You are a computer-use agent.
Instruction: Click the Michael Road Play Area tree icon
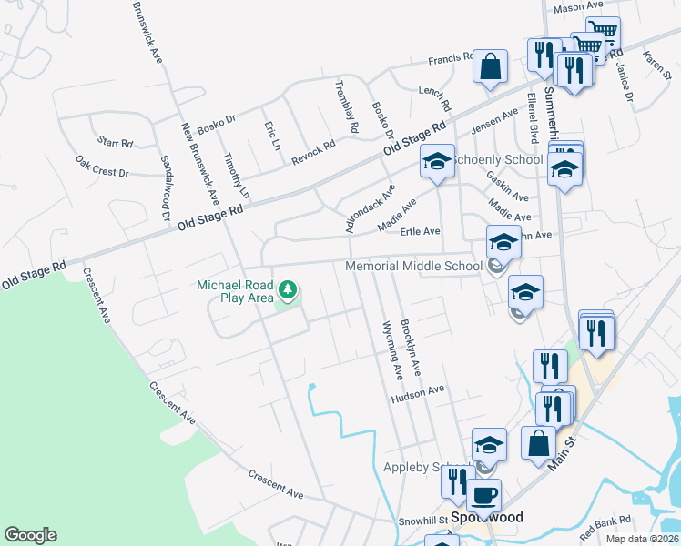[x=289, y=291]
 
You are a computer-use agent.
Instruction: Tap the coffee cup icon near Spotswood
[x=483, y=495]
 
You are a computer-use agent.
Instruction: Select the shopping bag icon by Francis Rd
[x=490, y=66]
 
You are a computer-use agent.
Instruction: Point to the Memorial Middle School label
[x=413, y=266]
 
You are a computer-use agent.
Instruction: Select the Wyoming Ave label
[x=392, y=349]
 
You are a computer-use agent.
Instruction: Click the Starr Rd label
[x=116, y=143]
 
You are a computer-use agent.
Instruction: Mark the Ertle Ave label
[x=420, y=232]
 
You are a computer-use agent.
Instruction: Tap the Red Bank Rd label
[x=605, y=524]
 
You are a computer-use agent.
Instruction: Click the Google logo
[x=30, y=535]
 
